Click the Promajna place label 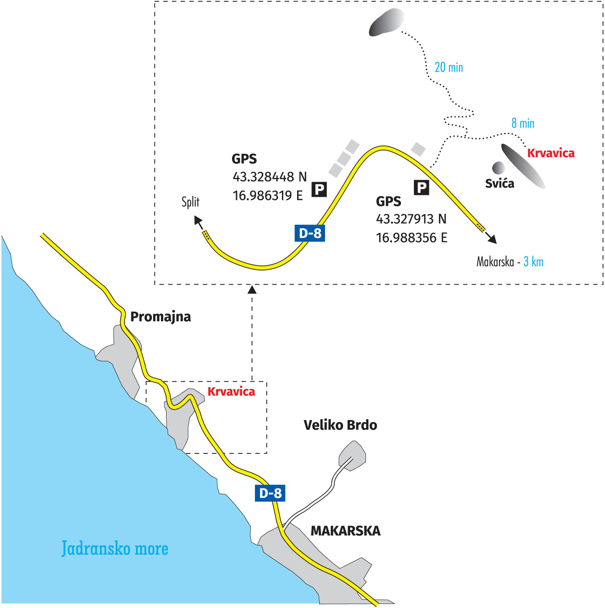161,317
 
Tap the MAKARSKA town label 345,531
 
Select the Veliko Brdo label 340,425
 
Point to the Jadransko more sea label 115,548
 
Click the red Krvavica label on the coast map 231,392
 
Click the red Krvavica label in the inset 551,153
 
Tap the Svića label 499,184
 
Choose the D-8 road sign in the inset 310,233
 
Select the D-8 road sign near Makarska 270,493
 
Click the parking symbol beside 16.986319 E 319,190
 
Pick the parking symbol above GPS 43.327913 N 421,188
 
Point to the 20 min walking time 449,68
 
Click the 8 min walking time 523,123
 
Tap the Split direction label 190,202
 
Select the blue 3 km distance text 533,262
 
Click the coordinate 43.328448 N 270,177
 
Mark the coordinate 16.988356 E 411,238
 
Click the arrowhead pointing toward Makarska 492,239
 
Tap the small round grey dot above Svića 498,168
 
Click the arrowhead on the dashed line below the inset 252,289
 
